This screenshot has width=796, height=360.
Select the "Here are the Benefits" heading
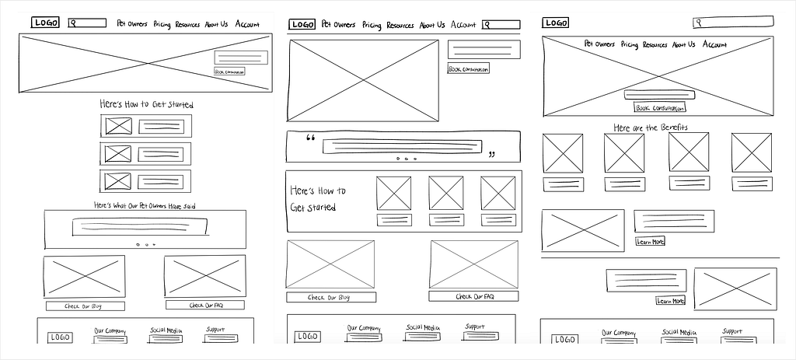tap(651, 128)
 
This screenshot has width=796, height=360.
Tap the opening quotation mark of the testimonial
tap(311, 140)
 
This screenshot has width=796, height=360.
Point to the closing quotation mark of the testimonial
tap(491, 155)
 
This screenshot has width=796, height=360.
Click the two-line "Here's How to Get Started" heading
tap(318, 199)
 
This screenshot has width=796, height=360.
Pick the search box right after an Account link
tap(501, 25)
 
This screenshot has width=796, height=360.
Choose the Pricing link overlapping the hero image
tap(630, 45)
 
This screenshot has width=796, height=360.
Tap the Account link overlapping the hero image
tap(714, 45)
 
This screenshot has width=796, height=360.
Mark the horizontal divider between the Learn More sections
tap(660, 258)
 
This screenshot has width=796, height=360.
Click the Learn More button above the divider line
tap(650, 242)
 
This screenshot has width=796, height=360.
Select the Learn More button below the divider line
tap(670, 301)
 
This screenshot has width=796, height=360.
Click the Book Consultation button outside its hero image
tap(469, 69)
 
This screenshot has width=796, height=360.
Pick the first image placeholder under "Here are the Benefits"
tap(562, 154)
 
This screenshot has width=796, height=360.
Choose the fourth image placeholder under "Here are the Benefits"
tap(751, 153)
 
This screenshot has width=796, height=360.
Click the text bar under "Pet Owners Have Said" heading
tap(140, 226)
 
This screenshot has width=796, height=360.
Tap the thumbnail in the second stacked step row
tap(118, 154)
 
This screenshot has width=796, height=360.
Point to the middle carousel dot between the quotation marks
tap(405, 159)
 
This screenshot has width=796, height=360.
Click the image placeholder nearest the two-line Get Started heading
tap(394, 193)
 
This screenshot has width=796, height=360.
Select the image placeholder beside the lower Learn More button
tap(735, 288)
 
